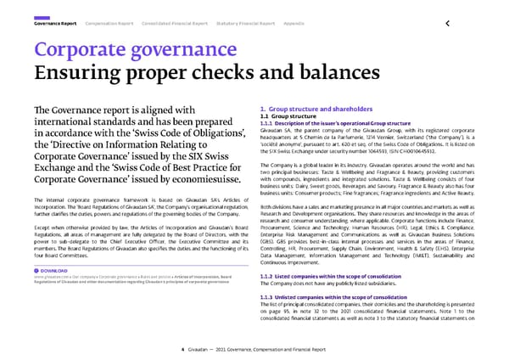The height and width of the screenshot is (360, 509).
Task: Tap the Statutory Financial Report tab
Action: (x=247, y=23)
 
